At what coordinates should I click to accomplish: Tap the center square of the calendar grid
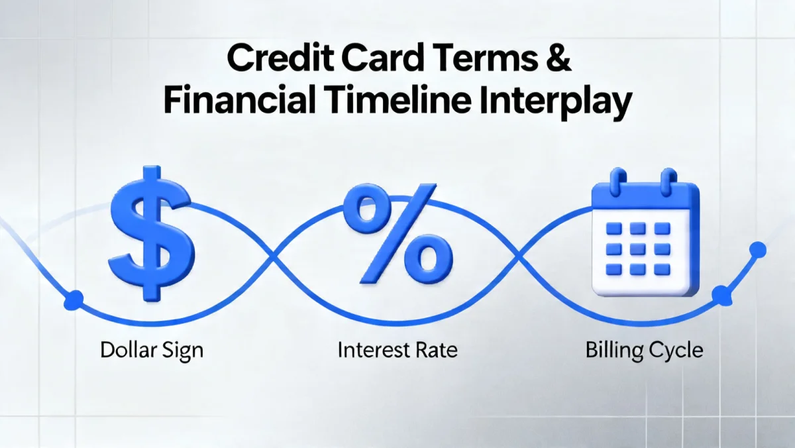(x=638, y=249)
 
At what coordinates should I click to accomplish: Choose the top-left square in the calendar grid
(x=615, y=229)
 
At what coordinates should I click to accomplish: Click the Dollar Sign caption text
(x=152, y=350)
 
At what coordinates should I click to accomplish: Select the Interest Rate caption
(x=397, y=350)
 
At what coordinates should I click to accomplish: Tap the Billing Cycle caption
(x=644, y=350)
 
